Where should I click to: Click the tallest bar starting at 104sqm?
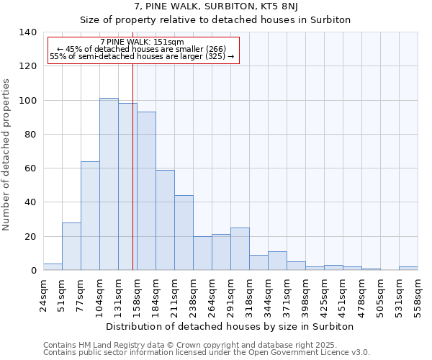(109, 184)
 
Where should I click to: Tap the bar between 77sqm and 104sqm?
(90, 216)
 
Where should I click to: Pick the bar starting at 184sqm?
(165, 220)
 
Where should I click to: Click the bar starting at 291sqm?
(240, 249)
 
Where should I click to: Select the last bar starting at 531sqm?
(408, 269)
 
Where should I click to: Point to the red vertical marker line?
(133, 166)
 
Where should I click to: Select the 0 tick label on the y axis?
(32, 271)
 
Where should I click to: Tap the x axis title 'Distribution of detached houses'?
(230, 326)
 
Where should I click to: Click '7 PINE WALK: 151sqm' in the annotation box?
(142, 42)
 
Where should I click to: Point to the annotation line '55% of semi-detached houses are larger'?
(142, 56)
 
